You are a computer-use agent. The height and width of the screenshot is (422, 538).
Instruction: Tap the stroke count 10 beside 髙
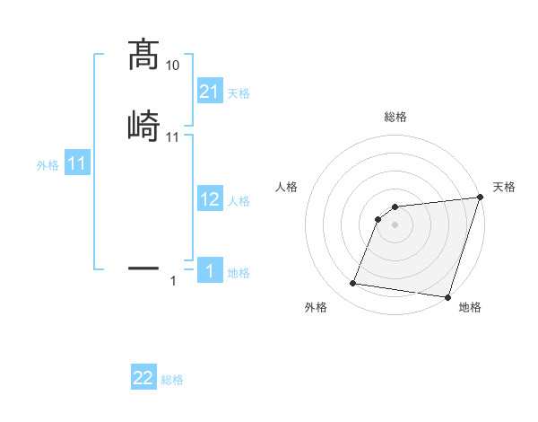point(173,66)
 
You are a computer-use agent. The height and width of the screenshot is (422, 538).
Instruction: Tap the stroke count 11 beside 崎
point(173,137)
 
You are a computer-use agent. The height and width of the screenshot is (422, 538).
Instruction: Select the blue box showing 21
point(210,91)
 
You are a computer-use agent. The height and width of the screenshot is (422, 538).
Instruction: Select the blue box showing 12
point(210,199)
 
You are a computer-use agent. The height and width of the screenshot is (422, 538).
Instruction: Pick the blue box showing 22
point(143,378)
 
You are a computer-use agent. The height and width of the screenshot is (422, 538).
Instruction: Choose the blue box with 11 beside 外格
point(77,164)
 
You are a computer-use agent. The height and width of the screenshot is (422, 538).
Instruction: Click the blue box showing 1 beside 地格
point(210,271)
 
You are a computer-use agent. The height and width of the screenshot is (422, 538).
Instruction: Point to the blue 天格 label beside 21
point(239,93)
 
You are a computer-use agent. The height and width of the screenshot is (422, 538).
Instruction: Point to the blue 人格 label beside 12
point(239,202)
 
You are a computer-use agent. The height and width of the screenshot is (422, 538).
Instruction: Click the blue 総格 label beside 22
point(172,381)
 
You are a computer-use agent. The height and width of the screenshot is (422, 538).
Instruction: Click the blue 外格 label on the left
point(48,166)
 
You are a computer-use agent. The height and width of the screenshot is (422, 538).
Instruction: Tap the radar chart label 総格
point(395,117)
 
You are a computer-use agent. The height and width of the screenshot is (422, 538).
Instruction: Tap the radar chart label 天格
point(504,187)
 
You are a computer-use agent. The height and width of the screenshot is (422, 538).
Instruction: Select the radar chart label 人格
point(286,187)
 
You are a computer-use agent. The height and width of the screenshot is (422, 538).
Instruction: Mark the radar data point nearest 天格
point(481,198)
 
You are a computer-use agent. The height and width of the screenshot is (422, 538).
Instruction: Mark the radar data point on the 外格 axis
point(353,284)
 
